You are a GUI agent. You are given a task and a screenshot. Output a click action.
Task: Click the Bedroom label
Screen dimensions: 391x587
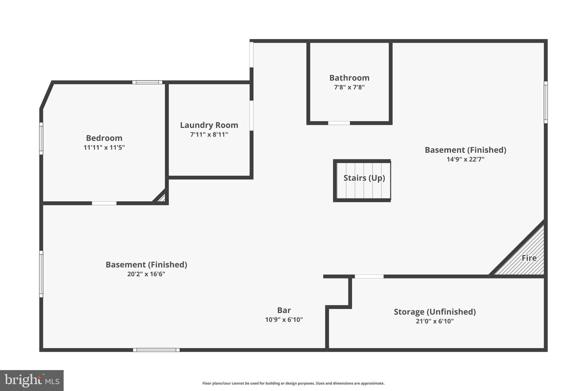pyautogui.click(x=104, y=138)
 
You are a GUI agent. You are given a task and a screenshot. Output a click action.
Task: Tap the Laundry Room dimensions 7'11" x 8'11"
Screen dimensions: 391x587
pyautogui.click(x=209, y=134)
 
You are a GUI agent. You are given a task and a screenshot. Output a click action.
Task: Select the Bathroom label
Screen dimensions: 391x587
pyautogui.click(x=349, y=78)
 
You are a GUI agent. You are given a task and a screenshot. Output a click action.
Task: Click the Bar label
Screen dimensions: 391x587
pyautogui.click(x=284, y=310)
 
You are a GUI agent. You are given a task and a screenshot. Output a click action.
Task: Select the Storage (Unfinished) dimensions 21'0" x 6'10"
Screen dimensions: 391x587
pyautogui.click(x=435, y=321)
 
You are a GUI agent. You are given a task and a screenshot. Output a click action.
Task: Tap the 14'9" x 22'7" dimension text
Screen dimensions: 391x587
pyautogui.click(x=465, y=159)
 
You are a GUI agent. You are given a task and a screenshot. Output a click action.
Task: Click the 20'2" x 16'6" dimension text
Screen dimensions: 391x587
pyautogui.click(x=146, y=274)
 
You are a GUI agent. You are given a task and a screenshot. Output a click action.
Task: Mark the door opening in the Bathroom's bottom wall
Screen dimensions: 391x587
pyautogui.click(x=339, y=123)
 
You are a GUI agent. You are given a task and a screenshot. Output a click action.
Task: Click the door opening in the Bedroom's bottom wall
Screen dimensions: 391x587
pyautogui.click(x=104, y=203)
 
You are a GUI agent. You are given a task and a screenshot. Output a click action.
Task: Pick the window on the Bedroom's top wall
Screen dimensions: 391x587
pyautogui.click(x=147, y=82)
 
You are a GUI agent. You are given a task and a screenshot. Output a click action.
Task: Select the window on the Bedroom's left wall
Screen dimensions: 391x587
pyautogui.click(x=41, y=138)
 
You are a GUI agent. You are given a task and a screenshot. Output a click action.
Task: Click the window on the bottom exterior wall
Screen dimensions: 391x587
pyautogui.click(x=156, y=350)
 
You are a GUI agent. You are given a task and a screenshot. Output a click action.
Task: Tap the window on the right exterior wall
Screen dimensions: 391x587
pyautogui.click(x=545, y=102)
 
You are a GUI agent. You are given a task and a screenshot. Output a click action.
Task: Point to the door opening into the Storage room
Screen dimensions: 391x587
pyautogui.click(x=369, y=276)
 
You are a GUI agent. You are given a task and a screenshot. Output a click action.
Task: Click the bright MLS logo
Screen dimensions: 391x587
pyautogui.click(x=32, y=380)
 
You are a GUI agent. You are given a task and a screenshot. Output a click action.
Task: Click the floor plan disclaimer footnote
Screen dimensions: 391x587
pyautogui.click(x=293, y=383)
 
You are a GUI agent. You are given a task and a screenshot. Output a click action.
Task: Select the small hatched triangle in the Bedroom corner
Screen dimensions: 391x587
pyautogui.click(x=161, y=198)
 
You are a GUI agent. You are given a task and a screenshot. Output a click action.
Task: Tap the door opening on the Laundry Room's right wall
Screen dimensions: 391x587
pyautogui.click(x=251, y=115)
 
